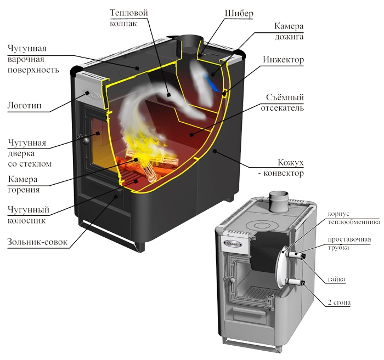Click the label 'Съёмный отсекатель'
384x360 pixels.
tap(285, 102)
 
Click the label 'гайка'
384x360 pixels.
tap(336, 279)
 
